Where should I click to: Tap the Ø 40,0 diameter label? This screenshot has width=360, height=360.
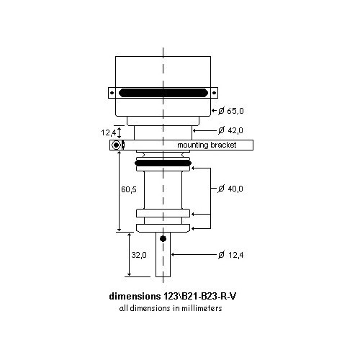pos(231,189)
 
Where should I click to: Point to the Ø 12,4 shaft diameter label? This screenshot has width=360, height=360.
pos(232,254)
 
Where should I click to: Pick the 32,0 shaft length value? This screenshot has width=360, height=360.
pos(138,254)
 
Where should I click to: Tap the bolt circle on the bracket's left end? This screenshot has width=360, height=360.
pos(115,145)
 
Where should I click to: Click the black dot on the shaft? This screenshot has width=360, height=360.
pos(163,238)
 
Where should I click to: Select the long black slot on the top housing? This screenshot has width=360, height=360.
pos(163,93)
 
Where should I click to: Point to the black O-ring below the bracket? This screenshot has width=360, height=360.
pos(163,163)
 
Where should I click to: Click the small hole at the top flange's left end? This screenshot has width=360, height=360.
pos(112,93)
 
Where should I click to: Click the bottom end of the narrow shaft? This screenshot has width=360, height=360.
pos(163,276)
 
